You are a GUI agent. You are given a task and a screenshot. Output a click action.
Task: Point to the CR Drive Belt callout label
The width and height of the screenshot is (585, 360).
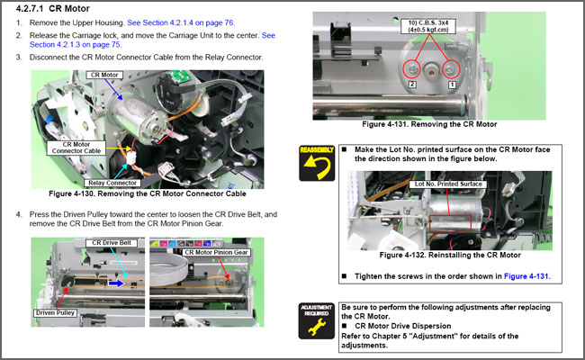[x=112, y=243]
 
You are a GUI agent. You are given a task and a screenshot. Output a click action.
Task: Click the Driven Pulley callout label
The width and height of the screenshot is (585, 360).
[x=57, y=312]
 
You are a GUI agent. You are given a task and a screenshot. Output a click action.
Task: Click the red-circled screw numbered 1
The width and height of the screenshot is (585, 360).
[x=451, y=67]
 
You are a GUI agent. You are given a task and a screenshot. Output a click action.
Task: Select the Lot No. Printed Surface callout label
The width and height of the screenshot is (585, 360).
[x=447, y=184]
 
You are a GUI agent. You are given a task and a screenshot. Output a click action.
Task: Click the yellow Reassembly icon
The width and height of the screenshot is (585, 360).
[x=317, y=163]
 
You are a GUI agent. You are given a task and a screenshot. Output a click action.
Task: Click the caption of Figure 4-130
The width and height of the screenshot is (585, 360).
[x=148, y=193]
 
